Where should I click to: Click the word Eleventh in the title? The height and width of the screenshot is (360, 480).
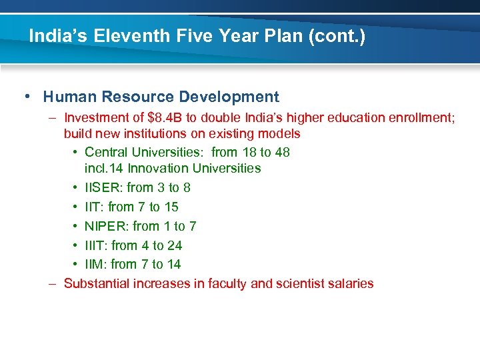(x=120, y=35)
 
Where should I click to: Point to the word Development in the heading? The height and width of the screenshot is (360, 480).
(x=231, y=97)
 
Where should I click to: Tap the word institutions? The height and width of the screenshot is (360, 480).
(x=153, y=133)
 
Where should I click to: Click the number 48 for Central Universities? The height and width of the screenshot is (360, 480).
(x=282, y=152)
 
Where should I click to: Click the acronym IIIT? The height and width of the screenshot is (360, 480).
(x=97, y=245)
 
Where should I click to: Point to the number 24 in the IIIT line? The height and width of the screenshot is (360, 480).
(x=174, y=245)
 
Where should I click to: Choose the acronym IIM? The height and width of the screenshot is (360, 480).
(x=96, y=264)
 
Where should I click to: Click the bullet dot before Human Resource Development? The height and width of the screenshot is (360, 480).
(x=25, y=97)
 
